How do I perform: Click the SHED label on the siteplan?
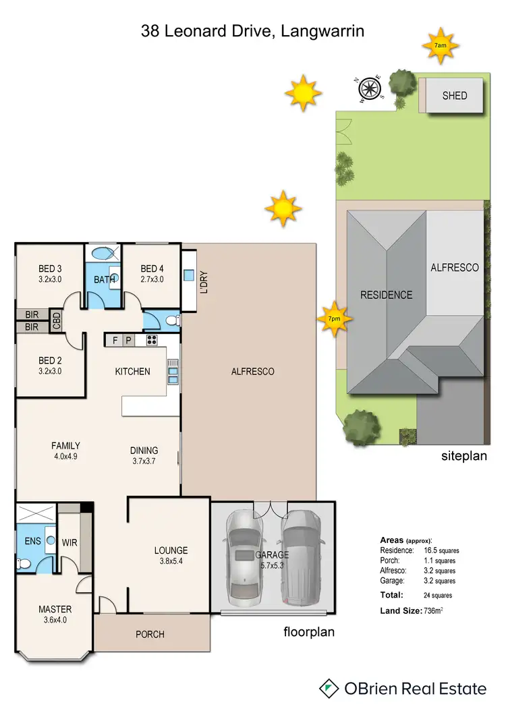[454, 96]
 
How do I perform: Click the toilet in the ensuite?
[25, 563]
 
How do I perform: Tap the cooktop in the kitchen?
[151, 341]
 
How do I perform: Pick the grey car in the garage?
[302, 556]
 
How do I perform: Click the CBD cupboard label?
[57, 320]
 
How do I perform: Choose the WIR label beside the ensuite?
[70, 542]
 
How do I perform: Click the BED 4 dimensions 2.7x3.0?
[152, 279]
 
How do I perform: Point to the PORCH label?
[150, 634]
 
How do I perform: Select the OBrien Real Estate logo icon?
[329, 689]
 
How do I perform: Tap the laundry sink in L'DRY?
[189, 275]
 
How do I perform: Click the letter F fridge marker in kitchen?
[115, 341]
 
